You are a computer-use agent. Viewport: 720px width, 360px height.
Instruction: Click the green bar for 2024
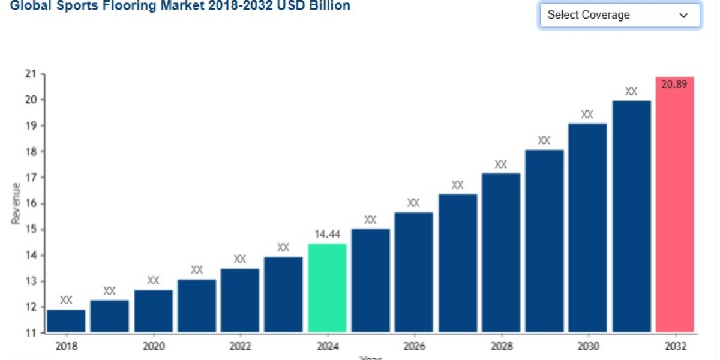tap(327, 288)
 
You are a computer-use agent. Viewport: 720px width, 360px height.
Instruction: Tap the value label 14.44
tap(327, 235)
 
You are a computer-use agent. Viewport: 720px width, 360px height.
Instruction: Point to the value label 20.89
tap(674, 85)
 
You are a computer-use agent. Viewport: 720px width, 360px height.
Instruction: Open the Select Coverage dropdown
tap(619, 15)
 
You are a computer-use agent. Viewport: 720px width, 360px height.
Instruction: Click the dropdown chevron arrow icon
tap(683, 16)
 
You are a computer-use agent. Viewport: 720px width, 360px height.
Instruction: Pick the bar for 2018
tap(66, 321)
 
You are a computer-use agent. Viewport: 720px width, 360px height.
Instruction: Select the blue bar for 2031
tap(631, 216)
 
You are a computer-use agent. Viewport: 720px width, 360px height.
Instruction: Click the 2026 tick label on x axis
tap(414, 347)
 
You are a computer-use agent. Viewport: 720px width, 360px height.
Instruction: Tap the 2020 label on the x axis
tap(153, 347)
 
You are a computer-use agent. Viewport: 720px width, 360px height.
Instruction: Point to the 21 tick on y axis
tap(29, 74)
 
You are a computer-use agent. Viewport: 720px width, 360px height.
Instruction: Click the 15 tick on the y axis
tap(29, 229)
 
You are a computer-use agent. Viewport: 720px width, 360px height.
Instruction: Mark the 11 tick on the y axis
tap(29, 333)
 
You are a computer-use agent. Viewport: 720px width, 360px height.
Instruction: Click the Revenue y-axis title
tap(16, 203)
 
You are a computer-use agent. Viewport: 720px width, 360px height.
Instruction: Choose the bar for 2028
tap(501, 252)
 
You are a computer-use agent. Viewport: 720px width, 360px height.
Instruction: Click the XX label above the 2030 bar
tap(587, 115)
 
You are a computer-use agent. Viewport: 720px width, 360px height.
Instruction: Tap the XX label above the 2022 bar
tap(240, 259)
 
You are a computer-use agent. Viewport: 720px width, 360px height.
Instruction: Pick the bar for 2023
tap(283, 294)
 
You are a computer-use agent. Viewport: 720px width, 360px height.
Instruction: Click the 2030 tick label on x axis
tap(587, 347)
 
